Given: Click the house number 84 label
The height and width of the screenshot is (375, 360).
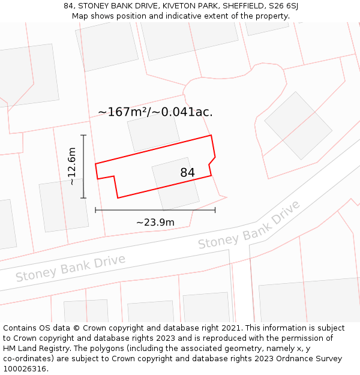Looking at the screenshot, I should point(187,173).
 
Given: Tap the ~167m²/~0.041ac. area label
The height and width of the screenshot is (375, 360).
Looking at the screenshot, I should point(155,112).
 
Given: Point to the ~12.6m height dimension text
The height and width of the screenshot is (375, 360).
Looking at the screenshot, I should point(72,166).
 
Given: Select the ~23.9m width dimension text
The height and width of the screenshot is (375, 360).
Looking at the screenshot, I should point(155,223).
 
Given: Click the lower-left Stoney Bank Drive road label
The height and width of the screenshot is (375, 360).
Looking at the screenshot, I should point(70,268).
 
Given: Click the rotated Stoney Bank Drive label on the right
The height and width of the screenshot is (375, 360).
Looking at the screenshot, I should point(249,226).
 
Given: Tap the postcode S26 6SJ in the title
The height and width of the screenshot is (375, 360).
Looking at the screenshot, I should point(283,6).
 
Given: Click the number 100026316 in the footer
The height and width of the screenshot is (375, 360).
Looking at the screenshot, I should point(25,369).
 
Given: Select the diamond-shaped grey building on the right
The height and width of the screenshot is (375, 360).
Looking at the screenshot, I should point(298,125).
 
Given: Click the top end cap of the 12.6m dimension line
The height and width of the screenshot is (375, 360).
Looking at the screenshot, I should point(83,136).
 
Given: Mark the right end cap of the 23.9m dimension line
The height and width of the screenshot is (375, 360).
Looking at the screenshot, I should point(215,210).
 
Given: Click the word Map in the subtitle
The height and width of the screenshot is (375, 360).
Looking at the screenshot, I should point(80,16).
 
